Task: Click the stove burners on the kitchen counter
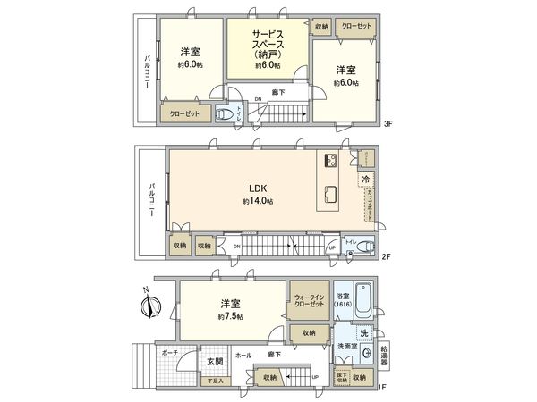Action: (x=328, y=161)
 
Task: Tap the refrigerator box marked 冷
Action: (x=366, y=179)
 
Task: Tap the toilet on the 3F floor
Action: (x=226, y=115)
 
